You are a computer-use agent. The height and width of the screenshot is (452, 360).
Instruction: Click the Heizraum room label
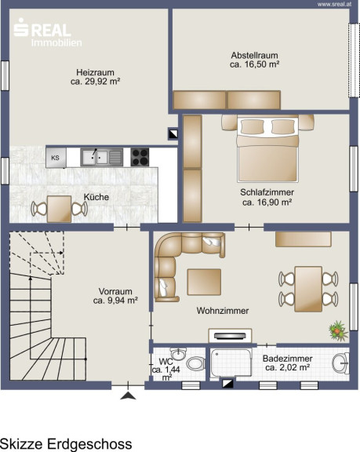(x=95, y=72)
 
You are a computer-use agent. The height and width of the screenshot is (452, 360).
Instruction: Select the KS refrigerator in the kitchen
(x=56, y=158)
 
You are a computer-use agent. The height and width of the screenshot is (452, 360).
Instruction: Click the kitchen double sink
(x=101, y=157)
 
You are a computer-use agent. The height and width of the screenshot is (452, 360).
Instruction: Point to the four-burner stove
(x=140, y=157)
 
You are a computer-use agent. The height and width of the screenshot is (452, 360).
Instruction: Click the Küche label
(x=96, y=197)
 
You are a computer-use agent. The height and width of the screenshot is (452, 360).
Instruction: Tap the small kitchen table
(x=60, y=209)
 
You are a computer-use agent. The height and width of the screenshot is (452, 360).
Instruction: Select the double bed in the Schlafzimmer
(x=267, y=149)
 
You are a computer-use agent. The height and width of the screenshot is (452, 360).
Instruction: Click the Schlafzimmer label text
(x=267, y=192)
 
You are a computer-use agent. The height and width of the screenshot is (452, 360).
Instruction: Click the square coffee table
(x=204, y=282)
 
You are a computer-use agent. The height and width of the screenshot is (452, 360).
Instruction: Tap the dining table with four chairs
(x=308, y=289)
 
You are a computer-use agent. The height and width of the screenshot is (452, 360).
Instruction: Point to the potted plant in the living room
(x=338, y=331)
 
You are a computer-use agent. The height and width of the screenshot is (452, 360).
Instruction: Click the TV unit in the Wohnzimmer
(x=230, y=336)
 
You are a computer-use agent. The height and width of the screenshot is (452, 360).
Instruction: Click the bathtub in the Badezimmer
(x=231, y=363)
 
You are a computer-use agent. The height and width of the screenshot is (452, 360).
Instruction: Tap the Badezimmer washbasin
(x=340, y=363)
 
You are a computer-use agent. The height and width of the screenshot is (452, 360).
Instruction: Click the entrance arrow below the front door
(x=128, y=395)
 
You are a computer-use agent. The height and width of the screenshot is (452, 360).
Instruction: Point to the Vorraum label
(x=115, y=291)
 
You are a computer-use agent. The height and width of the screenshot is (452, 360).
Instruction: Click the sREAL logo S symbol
(x=21, y=27)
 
